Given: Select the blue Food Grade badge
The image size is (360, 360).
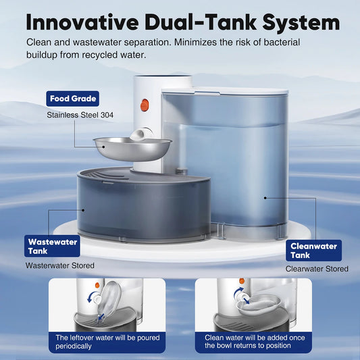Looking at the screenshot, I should click(x=73, y=99).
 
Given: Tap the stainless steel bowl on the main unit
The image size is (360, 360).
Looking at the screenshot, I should click(x=131, y=148).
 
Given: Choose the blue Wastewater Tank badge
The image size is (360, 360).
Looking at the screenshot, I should click(x=53, y=247).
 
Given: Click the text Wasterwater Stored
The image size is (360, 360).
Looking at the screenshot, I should click(x=60, y=265).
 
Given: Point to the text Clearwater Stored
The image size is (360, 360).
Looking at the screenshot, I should click(x=317, y=269).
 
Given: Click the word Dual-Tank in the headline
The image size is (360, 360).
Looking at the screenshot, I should click(x=192, y=22).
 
